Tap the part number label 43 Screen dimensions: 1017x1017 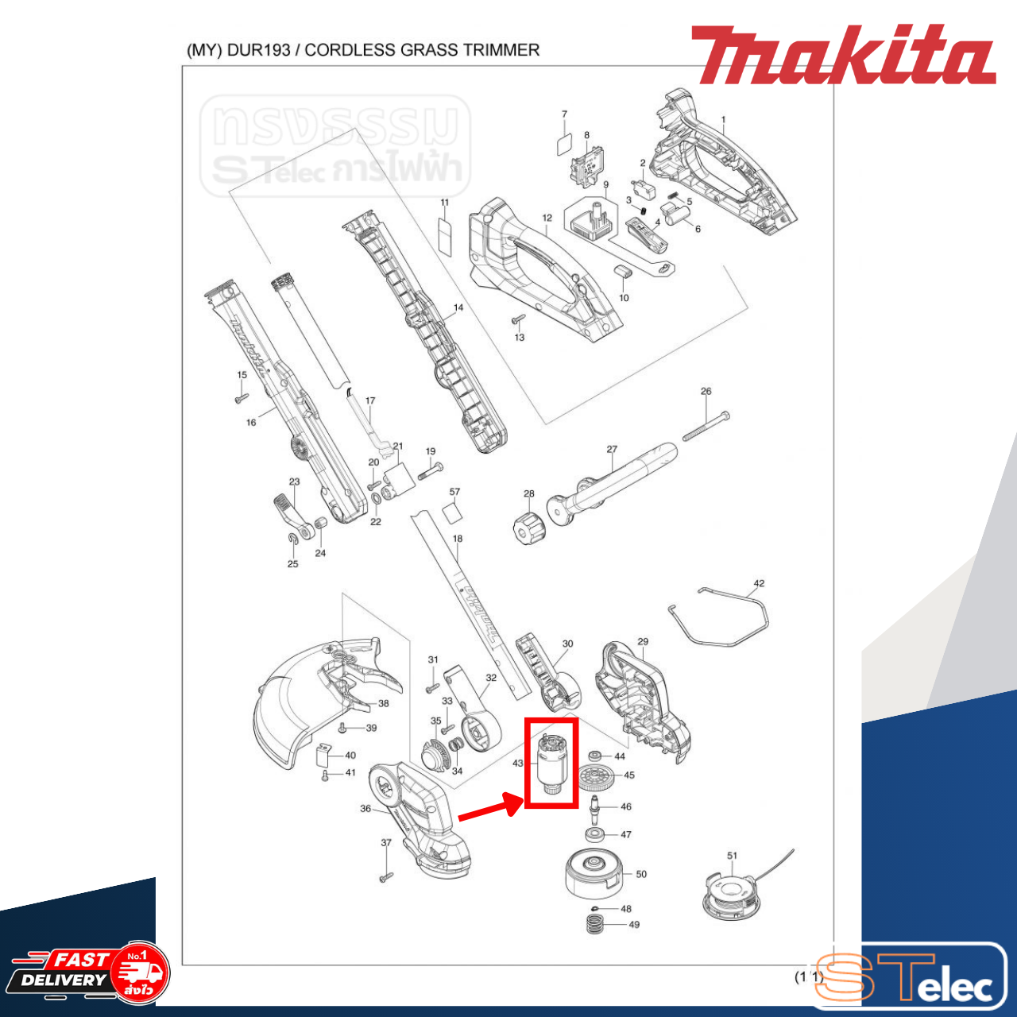click(518, 764)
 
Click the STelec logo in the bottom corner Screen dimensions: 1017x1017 click(910, 976)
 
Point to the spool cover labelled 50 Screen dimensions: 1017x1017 click(592, 872)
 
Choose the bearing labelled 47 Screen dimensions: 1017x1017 click(594, 834)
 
